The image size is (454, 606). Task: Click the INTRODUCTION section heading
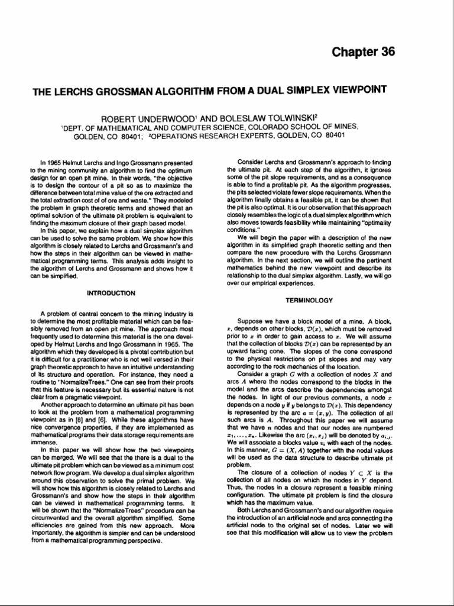coord(111,293)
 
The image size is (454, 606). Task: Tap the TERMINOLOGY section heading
coord(309,301)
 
